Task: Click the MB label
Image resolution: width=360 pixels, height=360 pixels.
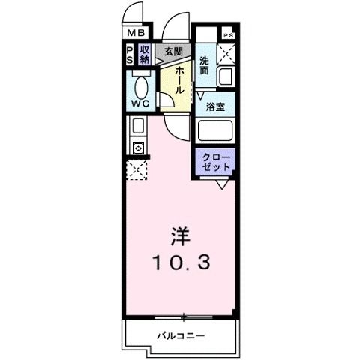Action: point(134,33)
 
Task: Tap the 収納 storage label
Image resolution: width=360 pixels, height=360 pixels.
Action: point(145,55)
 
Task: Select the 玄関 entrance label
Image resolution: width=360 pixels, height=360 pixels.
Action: point(173,51)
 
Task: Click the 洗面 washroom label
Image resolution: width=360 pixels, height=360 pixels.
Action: point(205,65)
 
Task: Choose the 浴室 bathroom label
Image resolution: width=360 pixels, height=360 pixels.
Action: point(215,106)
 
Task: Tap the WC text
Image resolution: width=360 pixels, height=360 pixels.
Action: point(140,103)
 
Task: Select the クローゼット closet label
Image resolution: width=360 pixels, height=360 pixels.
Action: point(216,162)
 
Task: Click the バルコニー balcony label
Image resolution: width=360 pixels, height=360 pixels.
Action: point(180,336)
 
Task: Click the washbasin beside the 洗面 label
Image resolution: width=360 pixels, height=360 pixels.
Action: point(224,76)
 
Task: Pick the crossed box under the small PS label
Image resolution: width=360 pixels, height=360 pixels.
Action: point(226,54)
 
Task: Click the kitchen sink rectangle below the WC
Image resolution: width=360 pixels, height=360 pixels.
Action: point(137,126)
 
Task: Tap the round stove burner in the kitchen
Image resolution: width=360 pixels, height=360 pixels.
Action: point(137,148)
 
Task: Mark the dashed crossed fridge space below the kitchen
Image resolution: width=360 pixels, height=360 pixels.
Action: point(136,170)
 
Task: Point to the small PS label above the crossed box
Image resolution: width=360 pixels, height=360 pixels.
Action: point(227,35)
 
